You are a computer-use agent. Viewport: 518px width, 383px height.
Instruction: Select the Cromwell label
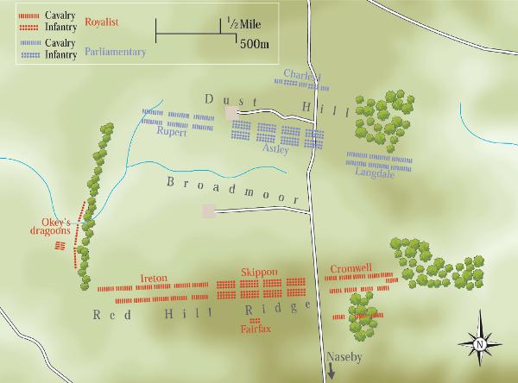351,268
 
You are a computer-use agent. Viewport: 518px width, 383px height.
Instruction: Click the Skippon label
260,272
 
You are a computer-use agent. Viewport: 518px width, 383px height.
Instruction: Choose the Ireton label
154,278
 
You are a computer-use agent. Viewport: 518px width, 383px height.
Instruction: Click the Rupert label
173,131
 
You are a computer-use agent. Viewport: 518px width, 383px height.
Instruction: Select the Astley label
277,148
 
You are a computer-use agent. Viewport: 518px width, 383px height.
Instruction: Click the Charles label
301,75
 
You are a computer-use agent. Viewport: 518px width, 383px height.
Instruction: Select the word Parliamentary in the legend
115,52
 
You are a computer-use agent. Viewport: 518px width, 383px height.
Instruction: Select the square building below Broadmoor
208,210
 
